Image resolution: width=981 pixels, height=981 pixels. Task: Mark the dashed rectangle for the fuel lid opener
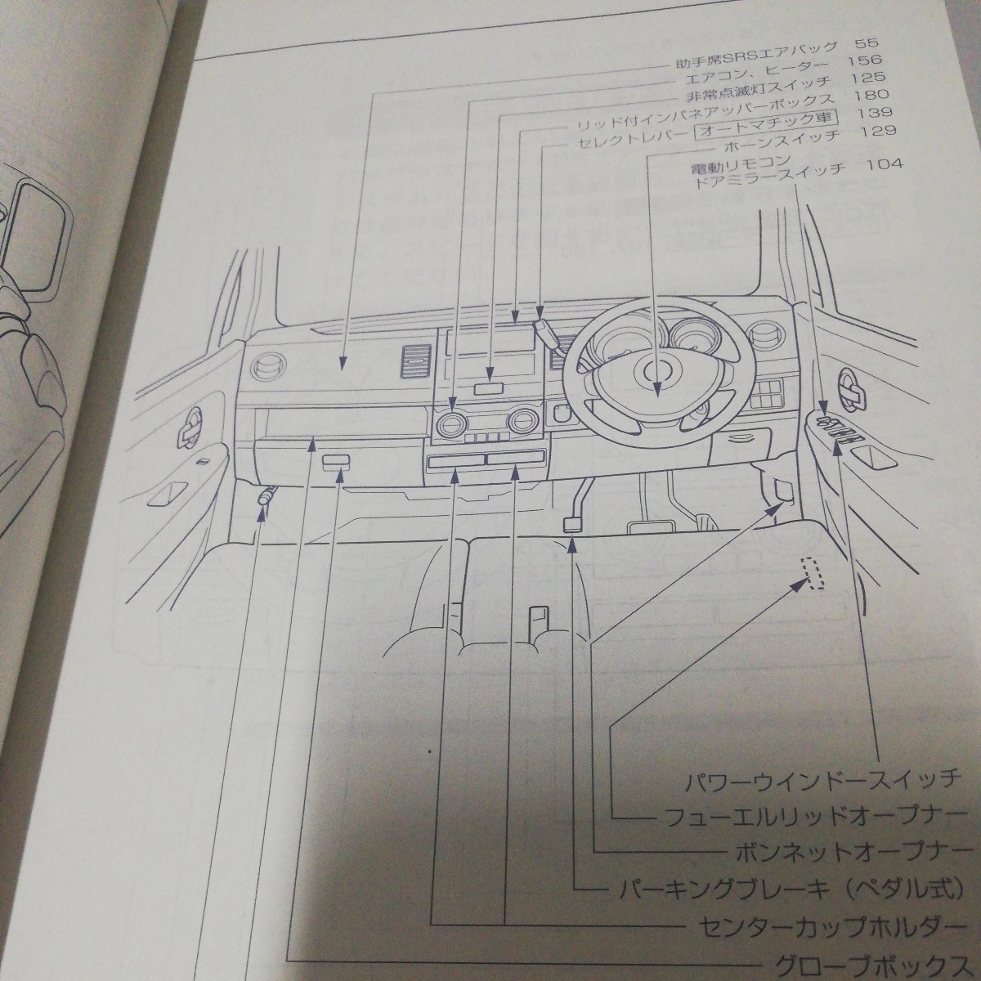[x=812, y=573]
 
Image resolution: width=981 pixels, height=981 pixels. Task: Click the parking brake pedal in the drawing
[x=572, y=523]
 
